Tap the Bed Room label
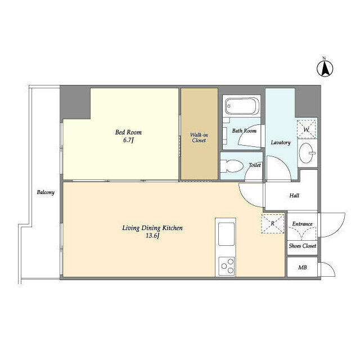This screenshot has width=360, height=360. (128, 132)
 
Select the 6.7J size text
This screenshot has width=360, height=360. (128, 141)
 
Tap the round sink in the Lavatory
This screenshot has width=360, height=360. (306, 152)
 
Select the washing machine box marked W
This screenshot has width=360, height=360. (307, 129)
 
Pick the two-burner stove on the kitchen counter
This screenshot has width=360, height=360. (227, 264)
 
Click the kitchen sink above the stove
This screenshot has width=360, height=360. (227, 232)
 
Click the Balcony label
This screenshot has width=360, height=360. (46, 193)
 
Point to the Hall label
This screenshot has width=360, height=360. (294, 196)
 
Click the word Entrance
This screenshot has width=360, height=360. (302, 224)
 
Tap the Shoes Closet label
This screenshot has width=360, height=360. (302, 246)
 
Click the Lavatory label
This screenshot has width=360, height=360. (280, 142)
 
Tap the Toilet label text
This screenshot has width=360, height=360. (254, 165)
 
